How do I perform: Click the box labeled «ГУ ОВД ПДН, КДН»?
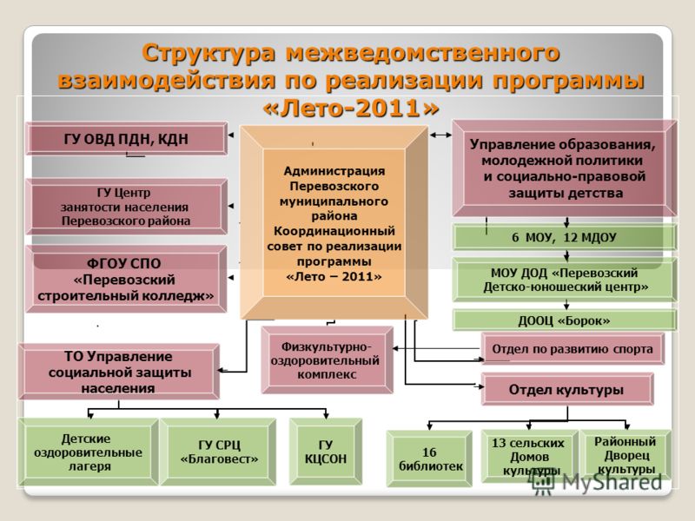coord(126,139)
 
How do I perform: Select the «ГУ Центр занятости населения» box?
coord(126,207)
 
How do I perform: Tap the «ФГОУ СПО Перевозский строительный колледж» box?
coord(126,279)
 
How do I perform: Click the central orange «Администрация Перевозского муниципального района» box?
coord(334,222)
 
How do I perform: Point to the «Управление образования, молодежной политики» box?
coord(564,168)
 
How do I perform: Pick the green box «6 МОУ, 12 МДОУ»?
coord(564,237)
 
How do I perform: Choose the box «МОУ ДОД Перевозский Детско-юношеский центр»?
coord(565,280)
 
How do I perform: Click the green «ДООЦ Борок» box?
coord(564,320)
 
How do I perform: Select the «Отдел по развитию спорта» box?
coord(573,349)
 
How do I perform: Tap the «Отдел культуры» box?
coord(567,389)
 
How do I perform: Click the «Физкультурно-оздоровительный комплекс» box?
coord(328,360)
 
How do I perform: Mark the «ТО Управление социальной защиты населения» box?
coord(119,373)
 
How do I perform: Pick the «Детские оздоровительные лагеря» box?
coord(89,452)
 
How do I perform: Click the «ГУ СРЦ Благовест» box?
coord(218,452)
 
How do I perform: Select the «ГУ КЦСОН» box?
coord(326,452)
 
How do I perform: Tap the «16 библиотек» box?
coord(429,458)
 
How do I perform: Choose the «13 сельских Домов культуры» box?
coord(529,457)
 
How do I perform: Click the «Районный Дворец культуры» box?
coord(625,455)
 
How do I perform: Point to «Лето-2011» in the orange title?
coord(351,108)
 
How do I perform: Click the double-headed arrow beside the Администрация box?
coord(440,135)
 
